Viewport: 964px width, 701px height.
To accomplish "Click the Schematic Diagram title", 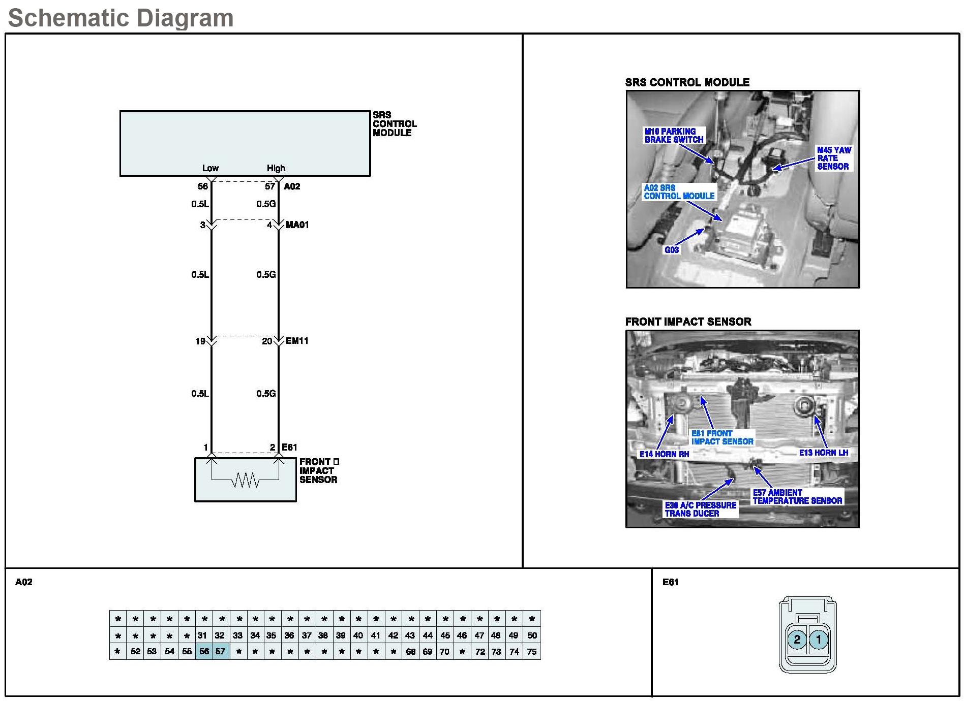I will point(121,18).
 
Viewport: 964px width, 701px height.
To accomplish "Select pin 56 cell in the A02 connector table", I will point(204,651).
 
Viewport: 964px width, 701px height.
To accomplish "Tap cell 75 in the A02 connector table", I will point(532,651).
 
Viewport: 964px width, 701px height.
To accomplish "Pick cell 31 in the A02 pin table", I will point(202,635).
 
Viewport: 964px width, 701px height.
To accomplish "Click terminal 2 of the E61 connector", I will point(797,640).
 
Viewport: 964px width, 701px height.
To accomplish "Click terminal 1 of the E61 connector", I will point(819,640).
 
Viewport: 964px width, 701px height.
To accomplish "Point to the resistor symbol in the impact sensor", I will point(246,480).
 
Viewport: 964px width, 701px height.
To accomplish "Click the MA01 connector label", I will point(297,225).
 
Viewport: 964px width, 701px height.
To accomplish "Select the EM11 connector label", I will point(297,341).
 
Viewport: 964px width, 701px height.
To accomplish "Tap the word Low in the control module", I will point(210,168).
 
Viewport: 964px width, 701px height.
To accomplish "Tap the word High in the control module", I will point(276,168).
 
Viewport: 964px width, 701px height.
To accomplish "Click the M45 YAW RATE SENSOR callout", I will point(833,158).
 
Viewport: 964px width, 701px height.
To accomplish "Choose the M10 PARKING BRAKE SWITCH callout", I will point(674,135).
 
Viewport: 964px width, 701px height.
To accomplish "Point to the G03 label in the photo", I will point(672,250).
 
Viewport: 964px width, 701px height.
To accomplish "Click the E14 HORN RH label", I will point(664,454).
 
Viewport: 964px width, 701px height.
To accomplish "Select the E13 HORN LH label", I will point(823,453).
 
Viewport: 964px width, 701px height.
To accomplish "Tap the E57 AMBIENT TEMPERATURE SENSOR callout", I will point(797,497).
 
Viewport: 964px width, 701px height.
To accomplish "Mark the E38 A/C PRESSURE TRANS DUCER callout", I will point(700,509).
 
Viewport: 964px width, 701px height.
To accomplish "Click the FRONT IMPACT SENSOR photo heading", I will point(688,322).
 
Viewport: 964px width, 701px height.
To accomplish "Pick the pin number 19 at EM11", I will point(200,341).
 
